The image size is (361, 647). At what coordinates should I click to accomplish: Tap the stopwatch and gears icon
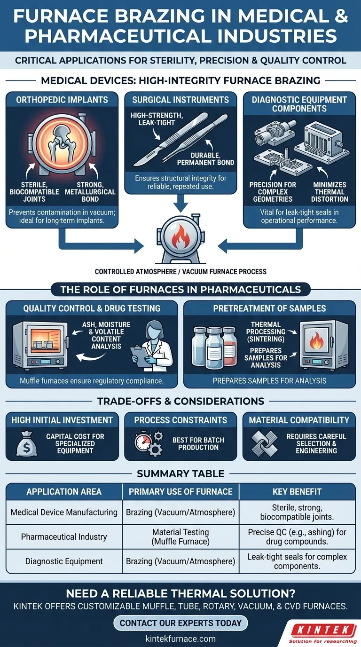[x=146, y=443]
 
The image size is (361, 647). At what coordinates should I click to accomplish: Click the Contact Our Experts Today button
[x=180, y=623]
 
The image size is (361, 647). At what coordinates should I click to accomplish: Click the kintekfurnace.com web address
[x=180, y=639]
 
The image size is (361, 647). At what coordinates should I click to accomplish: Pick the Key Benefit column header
[x=297, y=492]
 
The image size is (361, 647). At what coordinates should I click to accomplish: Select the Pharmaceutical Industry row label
[x=64, y=537]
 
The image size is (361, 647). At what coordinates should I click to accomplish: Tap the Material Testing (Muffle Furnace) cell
[x=180, y=537]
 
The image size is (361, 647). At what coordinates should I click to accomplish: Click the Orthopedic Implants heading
[x=63, y=100]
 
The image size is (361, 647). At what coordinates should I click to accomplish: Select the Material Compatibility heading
[x=299, y=420]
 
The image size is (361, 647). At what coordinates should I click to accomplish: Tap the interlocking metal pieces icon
[x=264, y=443]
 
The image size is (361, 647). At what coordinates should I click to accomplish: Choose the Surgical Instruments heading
[x=180, y=100]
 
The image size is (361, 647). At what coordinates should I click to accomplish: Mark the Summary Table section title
[x=180, y=473]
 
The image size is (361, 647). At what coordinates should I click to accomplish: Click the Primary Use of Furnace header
[x=180, y=492]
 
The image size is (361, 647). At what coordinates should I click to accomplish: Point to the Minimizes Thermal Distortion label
[x=330, y=192]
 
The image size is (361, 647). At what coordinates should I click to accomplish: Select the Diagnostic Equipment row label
[x=64, y=561]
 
